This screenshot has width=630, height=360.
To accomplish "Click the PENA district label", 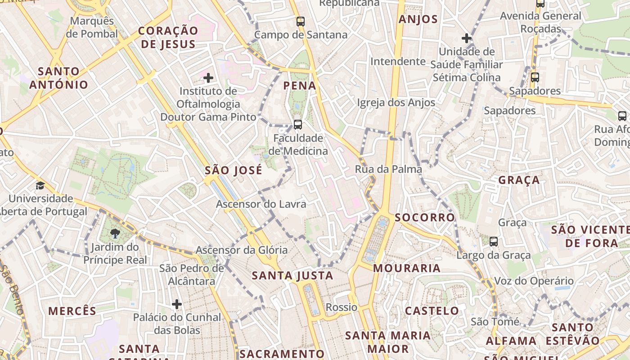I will click(300, 85).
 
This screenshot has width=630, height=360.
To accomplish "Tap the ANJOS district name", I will click(418, 19).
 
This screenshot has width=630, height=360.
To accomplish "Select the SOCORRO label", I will click(425, 217).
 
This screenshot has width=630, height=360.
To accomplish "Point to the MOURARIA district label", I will click(407, 268).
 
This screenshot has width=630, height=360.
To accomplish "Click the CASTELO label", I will click(432, 310).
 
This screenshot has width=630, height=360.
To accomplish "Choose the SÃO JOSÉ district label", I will click(233, 170).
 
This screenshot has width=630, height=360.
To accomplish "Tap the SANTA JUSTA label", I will click(292, 275).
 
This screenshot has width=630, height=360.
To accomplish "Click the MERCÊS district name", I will click(72, 311).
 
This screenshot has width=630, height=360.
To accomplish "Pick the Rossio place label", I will click(342, 307).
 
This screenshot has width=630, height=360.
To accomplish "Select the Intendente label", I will click(398, 61).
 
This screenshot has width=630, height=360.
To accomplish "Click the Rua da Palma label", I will click(388, 169).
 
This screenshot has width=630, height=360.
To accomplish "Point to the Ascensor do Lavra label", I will click(261, 204).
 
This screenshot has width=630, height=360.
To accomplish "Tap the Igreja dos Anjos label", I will click(396, 103).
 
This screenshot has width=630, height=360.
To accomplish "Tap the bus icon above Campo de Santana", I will click(300, 21).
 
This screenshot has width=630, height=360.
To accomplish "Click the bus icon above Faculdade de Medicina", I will click(297, 124).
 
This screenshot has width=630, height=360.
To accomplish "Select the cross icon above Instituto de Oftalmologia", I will click(208, 78).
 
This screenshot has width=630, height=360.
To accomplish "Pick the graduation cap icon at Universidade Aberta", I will click(40, 185).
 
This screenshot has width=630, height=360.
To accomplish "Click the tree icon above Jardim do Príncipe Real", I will click(115, 233).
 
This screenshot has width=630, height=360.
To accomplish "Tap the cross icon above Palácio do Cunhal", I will click(177, 304).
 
